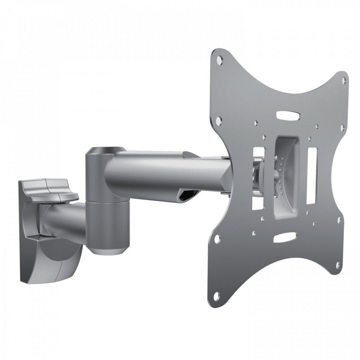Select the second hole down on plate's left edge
tap(219, 120)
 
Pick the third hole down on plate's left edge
tap(217, 241)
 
